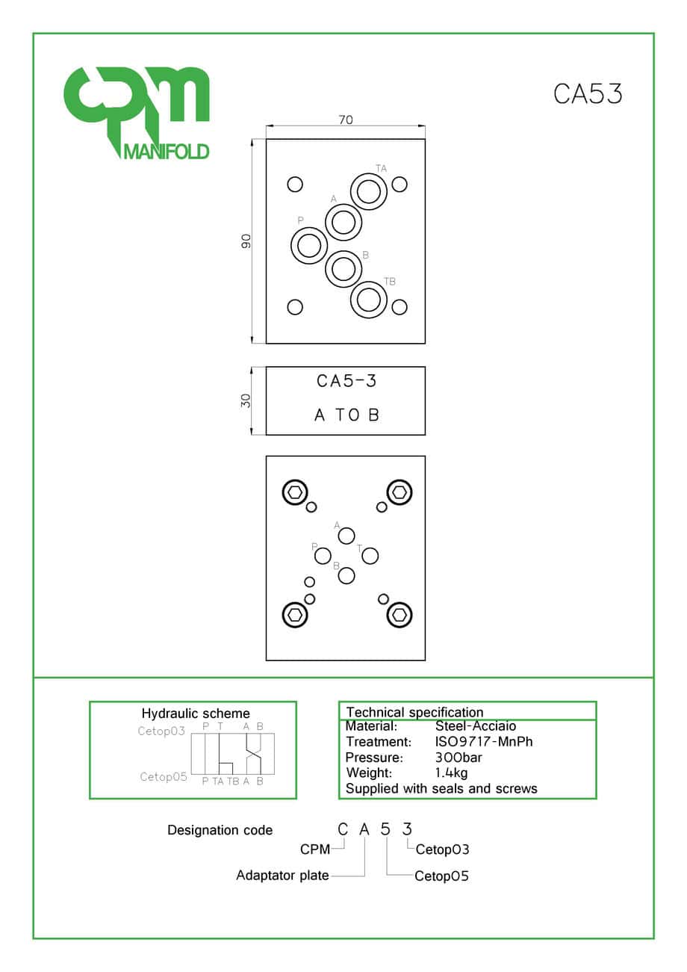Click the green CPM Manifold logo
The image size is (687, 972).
(137, 113)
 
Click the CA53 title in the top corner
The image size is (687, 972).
(588, 93)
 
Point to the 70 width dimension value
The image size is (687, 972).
(346, 120)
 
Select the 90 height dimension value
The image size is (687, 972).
(246, 241)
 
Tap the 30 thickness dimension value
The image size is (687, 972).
(246, 400)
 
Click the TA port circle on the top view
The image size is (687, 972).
(369, 191)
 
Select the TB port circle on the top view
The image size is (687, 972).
(369, 300)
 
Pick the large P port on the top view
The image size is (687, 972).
(309, 246)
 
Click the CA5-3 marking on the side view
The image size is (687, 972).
(346, 381)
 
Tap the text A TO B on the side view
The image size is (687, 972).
(346, 415)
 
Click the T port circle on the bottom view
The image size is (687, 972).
(370, 556)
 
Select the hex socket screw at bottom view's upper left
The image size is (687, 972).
(295, 492)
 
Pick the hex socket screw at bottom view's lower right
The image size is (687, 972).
(399, 615)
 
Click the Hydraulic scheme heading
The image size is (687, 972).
(196, 713)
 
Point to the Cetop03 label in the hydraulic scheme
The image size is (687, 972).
(161, 731)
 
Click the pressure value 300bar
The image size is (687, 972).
(458, 758)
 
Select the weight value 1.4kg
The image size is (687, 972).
(451, 773)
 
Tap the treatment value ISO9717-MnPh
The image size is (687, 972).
(484, 742)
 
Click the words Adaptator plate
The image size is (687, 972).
(282, 876)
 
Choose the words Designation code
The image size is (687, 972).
(220, 830)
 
